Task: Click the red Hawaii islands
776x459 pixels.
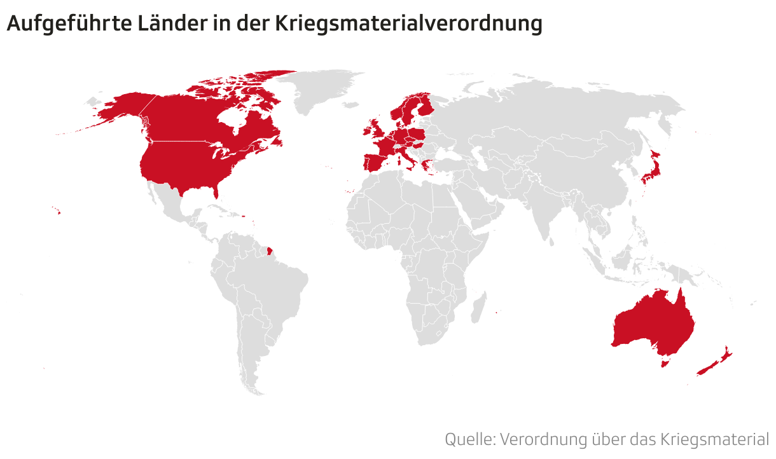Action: (x=57, y=212)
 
